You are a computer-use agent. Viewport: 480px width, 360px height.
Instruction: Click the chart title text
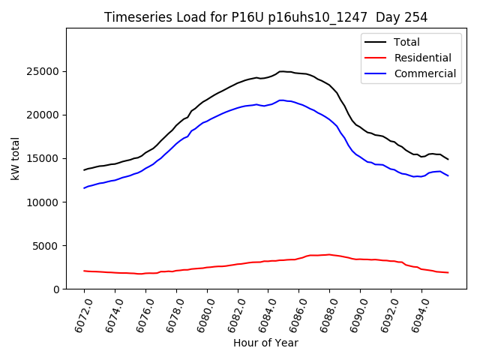click(265, 17)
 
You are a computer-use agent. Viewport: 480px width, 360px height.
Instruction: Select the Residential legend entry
click(422, 58)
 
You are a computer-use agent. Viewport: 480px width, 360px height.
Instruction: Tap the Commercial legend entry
click(424, 73)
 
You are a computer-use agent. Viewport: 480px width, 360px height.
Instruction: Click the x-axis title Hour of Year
click(265, 343)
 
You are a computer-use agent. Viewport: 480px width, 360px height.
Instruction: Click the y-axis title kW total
click(15, 159)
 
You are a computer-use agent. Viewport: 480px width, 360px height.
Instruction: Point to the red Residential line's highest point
click(328, 254)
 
